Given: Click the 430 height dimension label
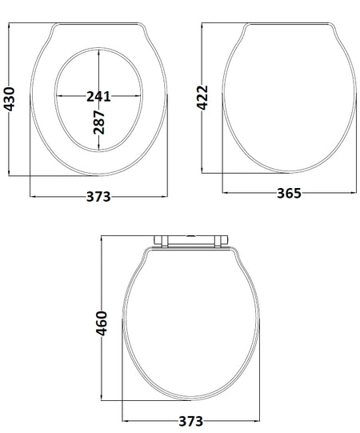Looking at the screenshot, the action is click(x=10, y=99).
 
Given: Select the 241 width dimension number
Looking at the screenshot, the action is click(x=98, y=96).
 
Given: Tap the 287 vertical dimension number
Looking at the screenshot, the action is click(x=99, y=122).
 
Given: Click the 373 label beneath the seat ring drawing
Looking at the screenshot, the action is click(x=98, y=197).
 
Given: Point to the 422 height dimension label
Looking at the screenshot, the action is click(x=202, y=98).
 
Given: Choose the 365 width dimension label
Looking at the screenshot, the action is click(x=289, y=193).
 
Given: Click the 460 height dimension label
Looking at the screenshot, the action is click(x=102, y=323).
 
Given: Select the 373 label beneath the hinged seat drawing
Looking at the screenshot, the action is click(x=191, y=422).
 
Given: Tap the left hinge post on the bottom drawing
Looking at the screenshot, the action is click(x=164, y=242).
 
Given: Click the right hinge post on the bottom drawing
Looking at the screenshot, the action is click(x=218, y=242).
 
